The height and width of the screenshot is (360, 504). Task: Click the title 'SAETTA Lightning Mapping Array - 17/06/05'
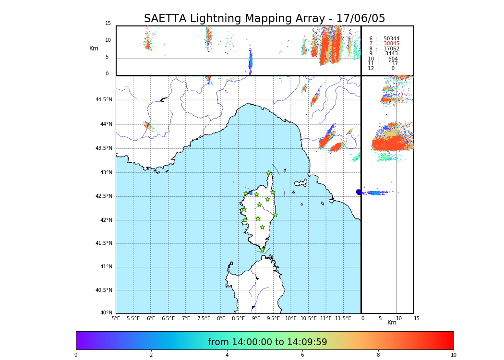pyautogui.click(x=264, y=19)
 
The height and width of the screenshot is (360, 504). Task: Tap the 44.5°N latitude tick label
pyautogui.click(x=104, y=100)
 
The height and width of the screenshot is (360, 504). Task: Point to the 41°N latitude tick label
pyautogui.click(x=106, y=267)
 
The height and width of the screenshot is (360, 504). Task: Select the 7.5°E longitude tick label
pyautogui.click(x=204, y=318)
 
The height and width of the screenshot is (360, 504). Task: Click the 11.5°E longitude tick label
pyautogui.click(x=343, y=318)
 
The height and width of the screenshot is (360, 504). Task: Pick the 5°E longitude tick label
pyautogui.click(x=116, y=318)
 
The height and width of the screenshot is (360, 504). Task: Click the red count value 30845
pyautogui.click(x=391, y=44)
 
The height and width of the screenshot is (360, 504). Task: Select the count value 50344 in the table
pyautogui.click(x=391, y=39)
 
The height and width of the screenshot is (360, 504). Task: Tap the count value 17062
pyautogui.click(x=391, y=49)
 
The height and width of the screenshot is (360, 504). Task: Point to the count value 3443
pyautogui.click(x=391, y=54)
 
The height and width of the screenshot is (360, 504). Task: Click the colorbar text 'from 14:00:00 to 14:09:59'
pyautogui.click(x=267, y=342)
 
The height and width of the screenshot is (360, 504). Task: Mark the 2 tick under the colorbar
pyautogui.click(x=151, y=355)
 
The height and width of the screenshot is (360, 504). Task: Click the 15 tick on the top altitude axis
pyautogui.click(x=108, y=24)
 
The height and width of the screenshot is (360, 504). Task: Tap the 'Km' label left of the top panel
pyautogui.click(x=94, y=48)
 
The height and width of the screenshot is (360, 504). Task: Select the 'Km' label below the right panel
pyautogui.click(x=392, y=323)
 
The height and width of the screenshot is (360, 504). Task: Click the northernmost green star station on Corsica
pyautogui.click(x=269, y=173)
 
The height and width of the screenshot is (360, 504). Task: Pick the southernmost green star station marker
pyautogui.click(x=262, y=250)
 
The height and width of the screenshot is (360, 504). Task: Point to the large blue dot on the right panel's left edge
pyautogui.click(x=359, y=192)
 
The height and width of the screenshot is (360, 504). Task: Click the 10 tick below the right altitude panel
pyautogui.click(x=399, y=318)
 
